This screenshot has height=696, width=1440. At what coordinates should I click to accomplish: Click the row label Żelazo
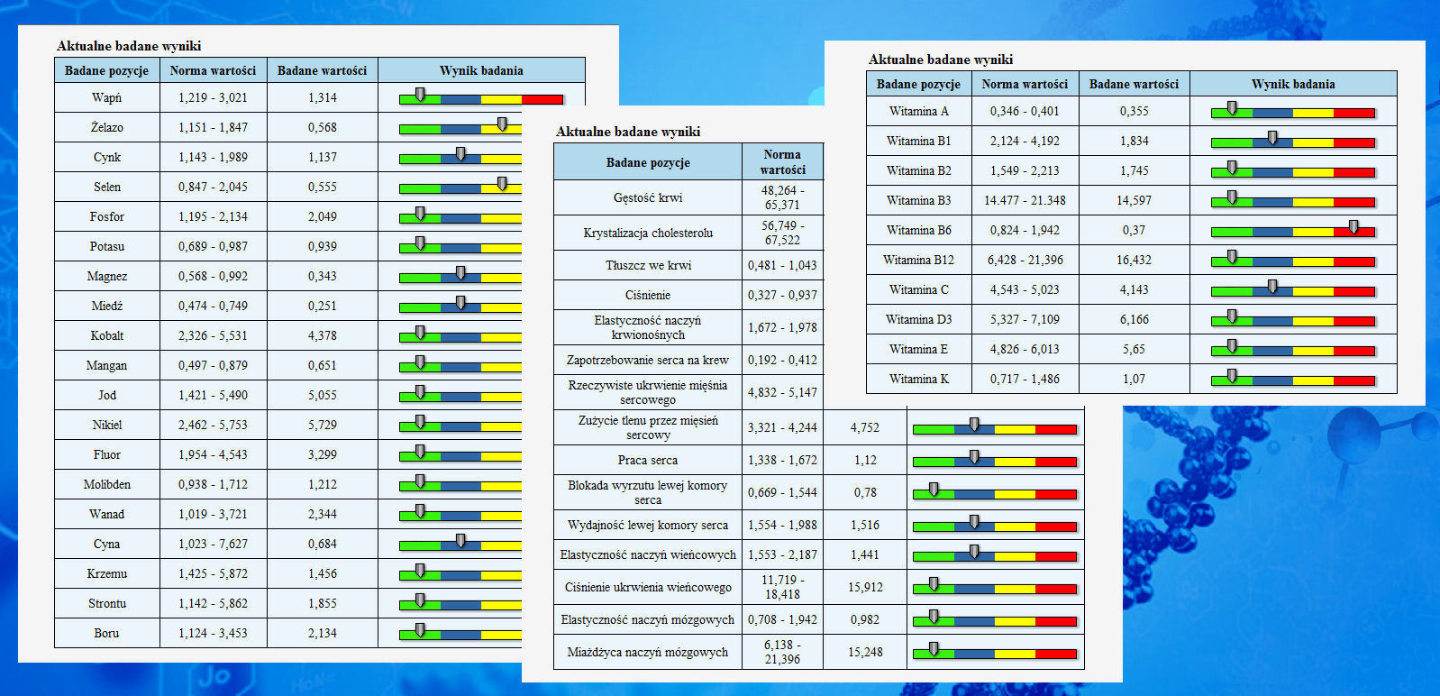point(107,127)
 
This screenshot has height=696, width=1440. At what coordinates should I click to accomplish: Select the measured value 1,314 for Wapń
point(322,97)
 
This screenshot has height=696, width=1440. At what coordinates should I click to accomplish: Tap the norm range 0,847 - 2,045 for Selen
point(213,187)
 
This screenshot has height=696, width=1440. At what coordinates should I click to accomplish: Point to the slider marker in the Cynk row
point(460,154)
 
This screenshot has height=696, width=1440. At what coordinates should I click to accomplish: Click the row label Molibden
point(107,484)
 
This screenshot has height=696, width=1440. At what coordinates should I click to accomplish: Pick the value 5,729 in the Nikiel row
point(322,425)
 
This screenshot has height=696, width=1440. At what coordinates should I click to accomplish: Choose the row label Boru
point(106,633)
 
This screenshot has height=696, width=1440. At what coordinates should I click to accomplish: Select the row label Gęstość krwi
point(647,197)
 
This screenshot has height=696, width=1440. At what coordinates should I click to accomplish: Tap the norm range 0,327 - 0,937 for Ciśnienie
point(782,295)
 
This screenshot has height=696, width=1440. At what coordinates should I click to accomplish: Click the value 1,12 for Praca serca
point(865,460)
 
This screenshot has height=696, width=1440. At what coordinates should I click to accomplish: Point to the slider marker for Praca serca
point(974,457)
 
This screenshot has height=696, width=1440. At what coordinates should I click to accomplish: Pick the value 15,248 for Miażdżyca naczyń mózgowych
point(865,652)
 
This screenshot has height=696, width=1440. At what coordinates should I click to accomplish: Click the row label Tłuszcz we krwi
point(648,265)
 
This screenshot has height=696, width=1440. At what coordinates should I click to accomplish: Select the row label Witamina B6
point(918,230)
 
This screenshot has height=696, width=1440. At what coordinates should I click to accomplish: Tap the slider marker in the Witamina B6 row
point(1353,227)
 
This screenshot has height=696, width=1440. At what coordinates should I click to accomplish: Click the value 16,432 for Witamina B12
point(1134,260)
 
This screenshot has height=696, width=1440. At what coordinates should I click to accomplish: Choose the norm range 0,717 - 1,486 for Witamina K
point(1025,379)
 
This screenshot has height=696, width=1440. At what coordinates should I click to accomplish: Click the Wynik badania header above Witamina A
point(1293,84)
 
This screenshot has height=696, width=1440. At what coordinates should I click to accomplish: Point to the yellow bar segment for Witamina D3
point(1313,321)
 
